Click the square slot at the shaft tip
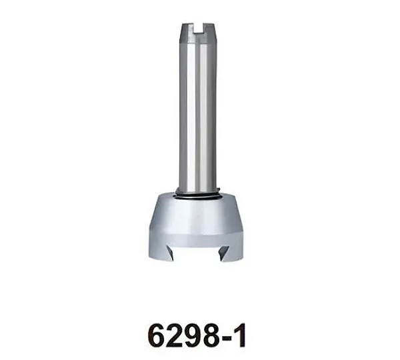[198, 28]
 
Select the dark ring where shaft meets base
[197, 195]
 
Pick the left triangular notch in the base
[169, 253]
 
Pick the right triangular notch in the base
[225, 253]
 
